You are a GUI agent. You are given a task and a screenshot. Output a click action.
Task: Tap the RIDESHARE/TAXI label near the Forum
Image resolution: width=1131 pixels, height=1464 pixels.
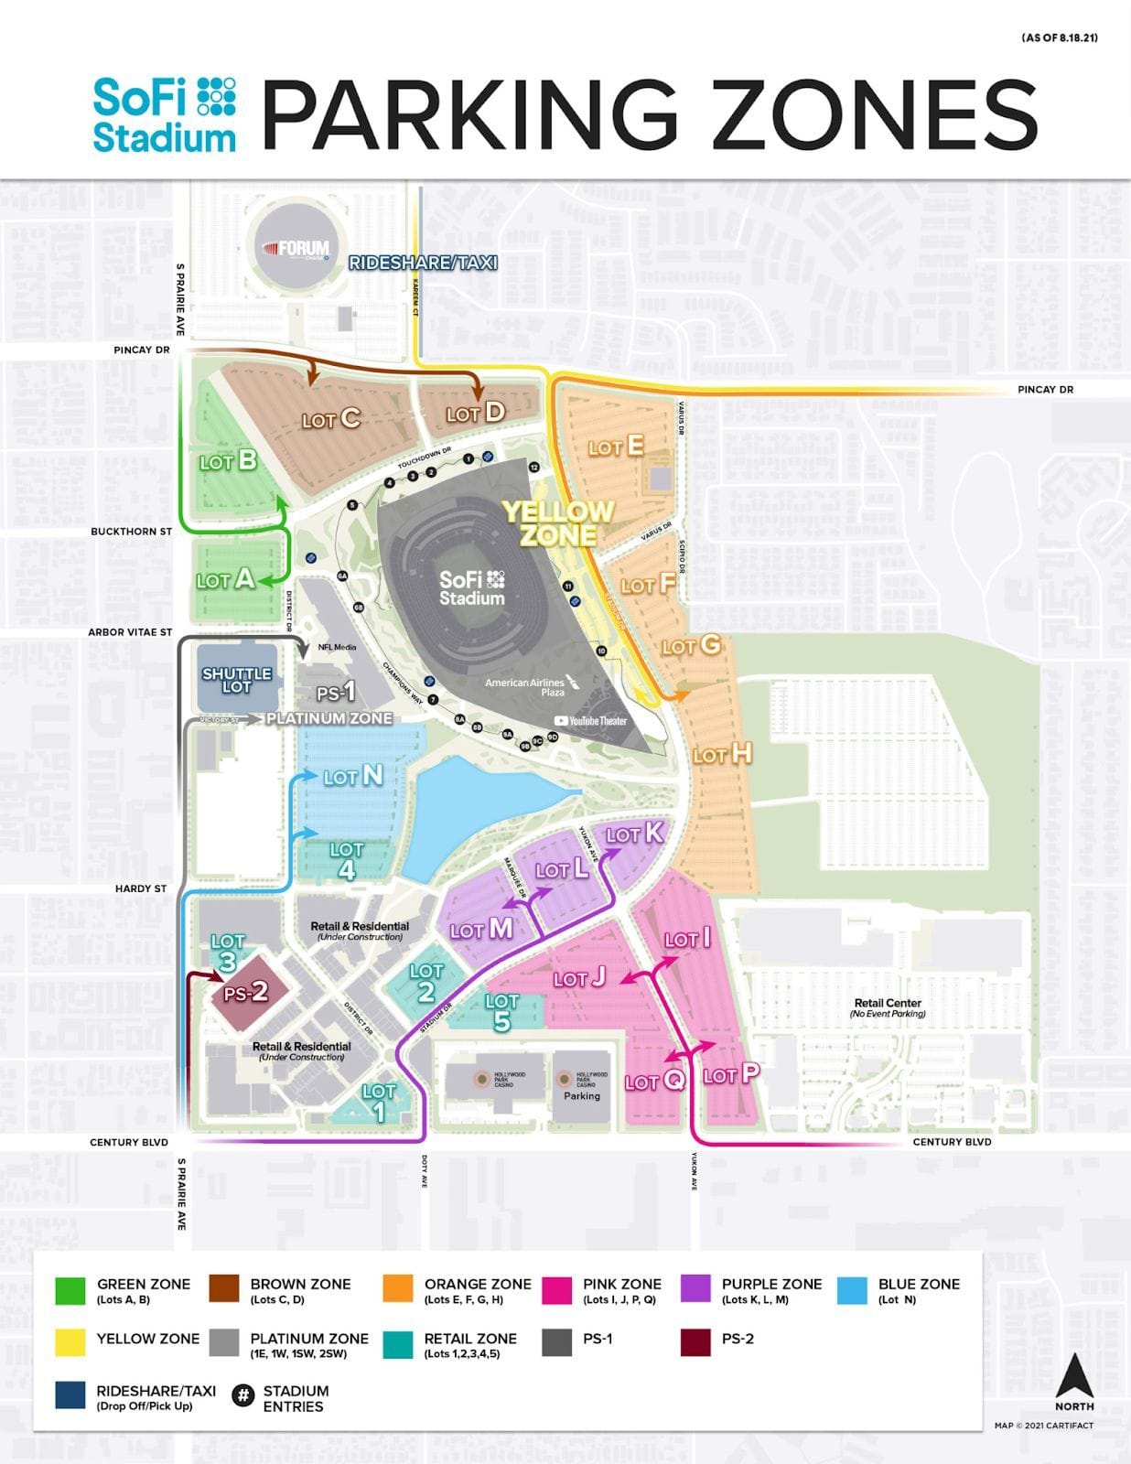click(x=423, y=263)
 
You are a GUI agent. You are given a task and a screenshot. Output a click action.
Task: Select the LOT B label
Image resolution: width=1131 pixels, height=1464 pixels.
click(x=228, y=461)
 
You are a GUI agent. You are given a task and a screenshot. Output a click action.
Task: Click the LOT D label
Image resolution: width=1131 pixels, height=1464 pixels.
click(x=475, y=413)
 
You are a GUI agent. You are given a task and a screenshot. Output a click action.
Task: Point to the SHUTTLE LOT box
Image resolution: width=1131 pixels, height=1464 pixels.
click(x=236, y=679)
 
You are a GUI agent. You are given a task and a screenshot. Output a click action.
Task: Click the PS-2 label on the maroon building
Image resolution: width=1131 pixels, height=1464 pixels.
click(x=246, y=992)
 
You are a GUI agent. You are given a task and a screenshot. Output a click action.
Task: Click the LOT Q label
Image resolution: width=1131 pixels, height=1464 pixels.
click(x=654, y=1081)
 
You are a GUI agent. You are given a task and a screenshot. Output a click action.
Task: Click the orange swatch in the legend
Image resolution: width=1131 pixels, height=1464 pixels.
click(x=398, y=1289)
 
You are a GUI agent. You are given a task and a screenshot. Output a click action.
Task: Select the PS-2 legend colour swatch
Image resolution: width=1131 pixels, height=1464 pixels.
click(x=695, y=1343)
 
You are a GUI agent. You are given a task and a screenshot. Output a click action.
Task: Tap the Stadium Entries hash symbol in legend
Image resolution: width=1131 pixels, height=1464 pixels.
click(x=242, y=1395)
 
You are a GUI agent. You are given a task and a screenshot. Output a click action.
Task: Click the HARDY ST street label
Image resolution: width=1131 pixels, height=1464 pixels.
click(x=141, y=888)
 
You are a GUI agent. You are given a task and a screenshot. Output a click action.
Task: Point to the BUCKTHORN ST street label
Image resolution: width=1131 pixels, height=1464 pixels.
click(x=131, y=532)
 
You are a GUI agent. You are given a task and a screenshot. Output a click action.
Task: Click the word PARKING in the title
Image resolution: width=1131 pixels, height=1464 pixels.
click(x=469, y=113)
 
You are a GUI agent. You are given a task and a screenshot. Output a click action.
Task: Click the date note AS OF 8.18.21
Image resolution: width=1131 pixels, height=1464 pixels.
click(x=1059, y=38)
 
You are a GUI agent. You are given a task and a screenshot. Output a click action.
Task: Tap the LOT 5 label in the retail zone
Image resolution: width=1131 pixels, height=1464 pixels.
click(x=501, y=1012)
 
